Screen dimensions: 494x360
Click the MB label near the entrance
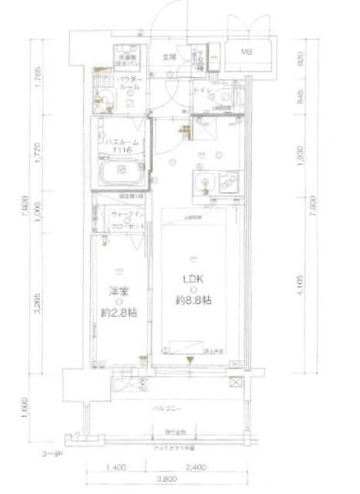[247, 52]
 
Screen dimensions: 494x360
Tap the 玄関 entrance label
[169, 56]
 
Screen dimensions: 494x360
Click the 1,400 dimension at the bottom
[115, 468]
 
